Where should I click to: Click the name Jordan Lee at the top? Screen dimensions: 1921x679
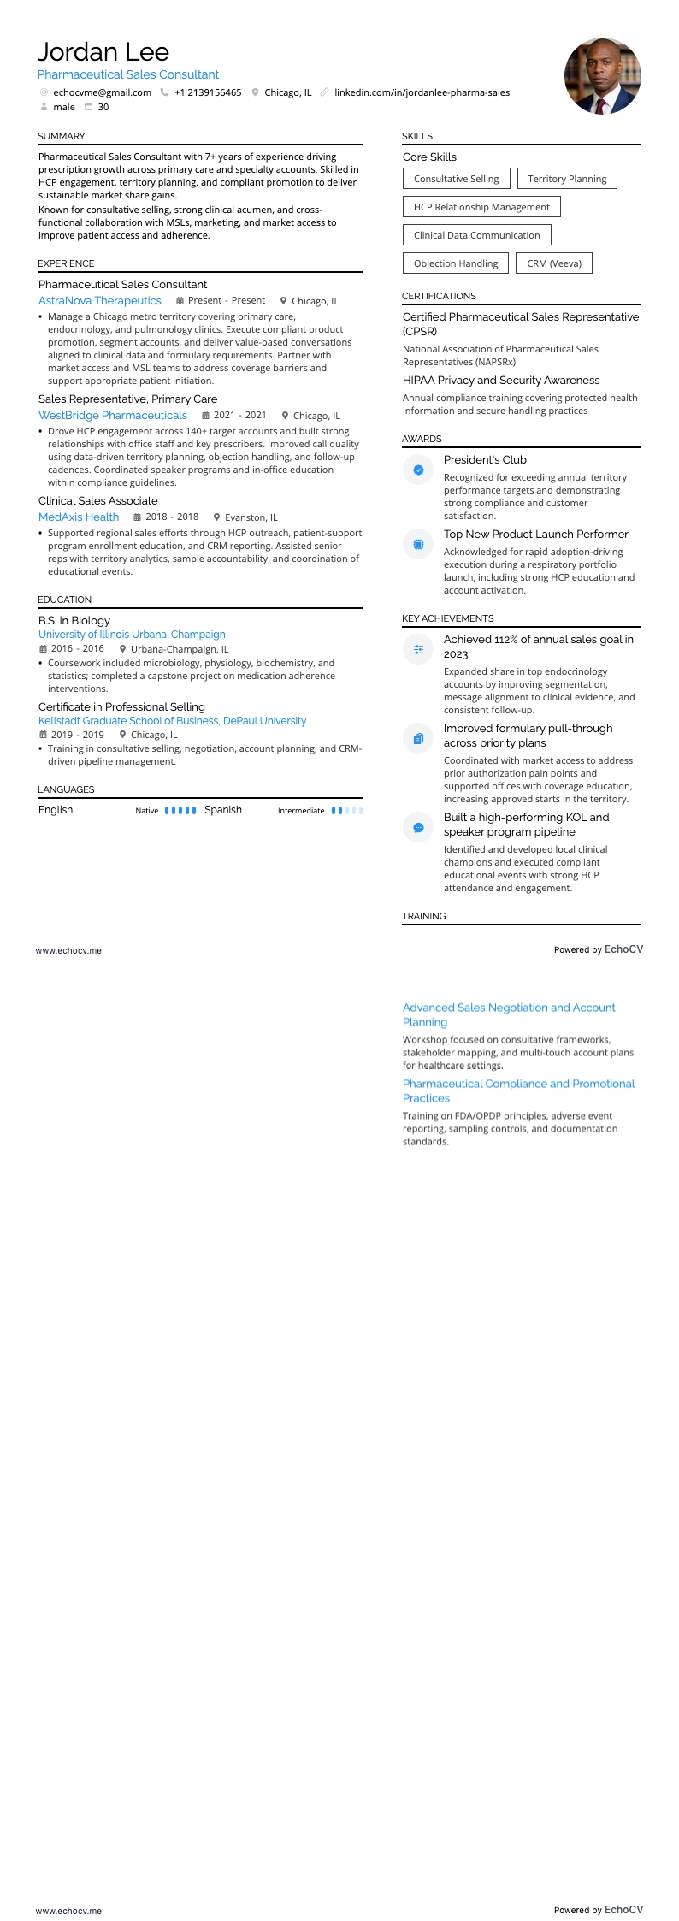[103, 52]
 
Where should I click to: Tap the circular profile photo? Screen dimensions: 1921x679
[602, 76]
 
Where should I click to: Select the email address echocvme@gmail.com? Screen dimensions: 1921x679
[102, 92]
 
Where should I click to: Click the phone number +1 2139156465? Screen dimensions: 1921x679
[208, 92]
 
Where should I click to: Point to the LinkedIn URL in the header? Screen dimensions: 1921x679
[422, 92]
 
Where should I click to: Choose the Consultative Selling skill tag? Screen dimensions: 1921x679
[456, 179]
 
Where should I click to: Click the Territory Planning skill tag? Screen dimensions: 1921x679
[567, 179]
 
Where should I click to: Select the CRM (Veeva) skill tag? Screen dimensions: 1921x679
[553, 263]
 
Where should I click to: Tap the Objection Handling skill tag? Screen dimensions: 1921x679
[455, 263]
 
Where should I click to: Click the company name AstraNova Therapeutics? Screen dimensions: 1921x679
[100, 301]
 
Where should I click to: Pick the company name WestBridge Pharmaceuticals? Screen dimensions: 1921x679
[113, 416]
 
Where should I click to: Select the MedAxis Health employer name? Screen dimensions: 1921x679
[79, 517]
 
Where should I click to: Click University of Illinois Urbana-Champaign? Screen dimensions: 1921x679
[132, 635]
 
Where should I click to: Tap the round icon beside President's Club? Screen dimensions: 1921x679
[418, 470]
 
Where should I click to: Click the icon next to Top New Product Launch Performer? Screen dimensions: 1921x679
[418, 544]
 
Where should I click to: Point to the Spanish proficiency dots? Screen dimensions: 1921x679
[347, 810]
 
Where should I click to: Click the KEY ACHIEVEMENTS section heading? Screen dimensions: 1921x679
[448, 618]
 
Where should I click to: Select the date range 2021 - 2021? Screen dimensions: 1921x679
[239, 416]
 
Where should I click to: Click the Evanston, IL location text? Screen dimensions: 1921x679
[251, 517]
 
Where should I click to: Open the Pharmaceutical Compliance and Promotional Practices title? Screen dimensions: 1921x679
[518, 1091]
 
